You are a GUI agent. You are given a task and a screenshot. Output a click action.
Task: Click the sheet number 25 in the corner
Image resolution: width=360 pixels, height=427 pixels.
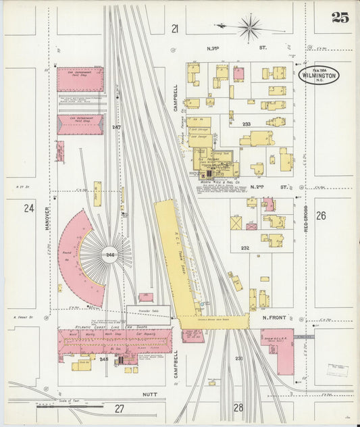pyautogui.click(x=340, y=18)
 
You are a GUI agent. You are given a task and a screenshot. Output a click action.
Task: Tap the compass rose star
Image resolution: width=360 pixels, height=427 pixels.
pyautogui.click(x=249, y=28)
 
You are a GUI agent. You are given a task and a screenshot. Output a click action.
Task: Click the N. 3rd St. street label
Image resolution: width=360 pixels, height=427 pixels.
pyautogui.click(x=236, y=48)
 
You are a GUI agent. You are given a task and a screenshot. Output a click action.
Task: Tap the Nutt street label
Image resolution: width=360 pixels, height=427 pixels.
pyautogui.click(x=150, y=393)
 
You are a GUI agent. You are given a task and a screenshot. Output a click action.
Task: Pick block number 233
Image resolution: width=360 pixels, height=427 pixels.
pyautogui.click(x=247, y=124)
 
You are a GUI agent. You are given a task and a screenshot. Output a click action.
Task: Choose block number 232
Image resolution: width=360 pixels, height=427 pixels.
pyautogui.click(x=245, y=248)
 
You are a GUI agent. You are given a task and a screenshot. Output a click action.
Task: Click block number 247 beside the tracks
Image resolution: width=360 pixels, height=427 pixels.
pyautogui.click(x=116, y=127)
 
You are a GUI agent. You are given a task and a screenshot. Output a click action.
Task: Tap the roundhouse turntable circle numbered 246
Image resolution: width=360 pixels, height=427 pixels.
pyautogui.click(x=109, y=254)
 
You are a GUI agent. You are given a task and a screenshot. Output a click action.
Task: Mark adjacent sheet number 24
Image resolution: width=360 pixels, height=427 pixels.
pyautogui.click(x=29, y=208)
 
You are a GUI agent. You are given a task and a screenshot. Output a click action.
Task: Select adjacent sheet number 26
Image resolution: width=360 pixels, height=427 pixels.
pyautogui.click(x=321, y=216)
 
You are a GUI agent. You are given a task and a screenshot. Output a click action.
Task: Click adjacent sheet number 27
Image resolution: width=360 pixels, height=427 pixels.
pyautogui.click(x=120, y=408)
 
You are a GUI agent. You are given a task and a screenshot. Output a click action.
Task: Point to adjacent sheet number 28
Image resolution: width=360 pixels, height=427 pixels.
pyautogui.click(x=238, y=407)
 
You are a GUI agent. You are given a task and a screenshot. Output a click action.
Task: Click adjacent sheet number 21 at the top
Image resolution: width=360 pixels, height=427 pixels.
pyautogui.click(x=175, y=28)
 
